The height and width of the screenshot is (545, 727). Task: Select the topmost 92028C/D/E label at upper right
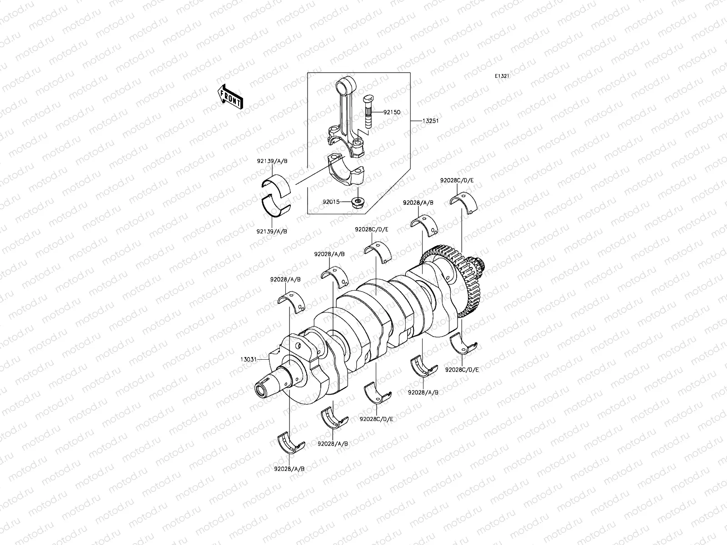(x=457, y=180)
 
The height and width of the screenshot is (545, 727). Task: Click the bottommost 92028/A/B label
(x=289, y=468)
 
